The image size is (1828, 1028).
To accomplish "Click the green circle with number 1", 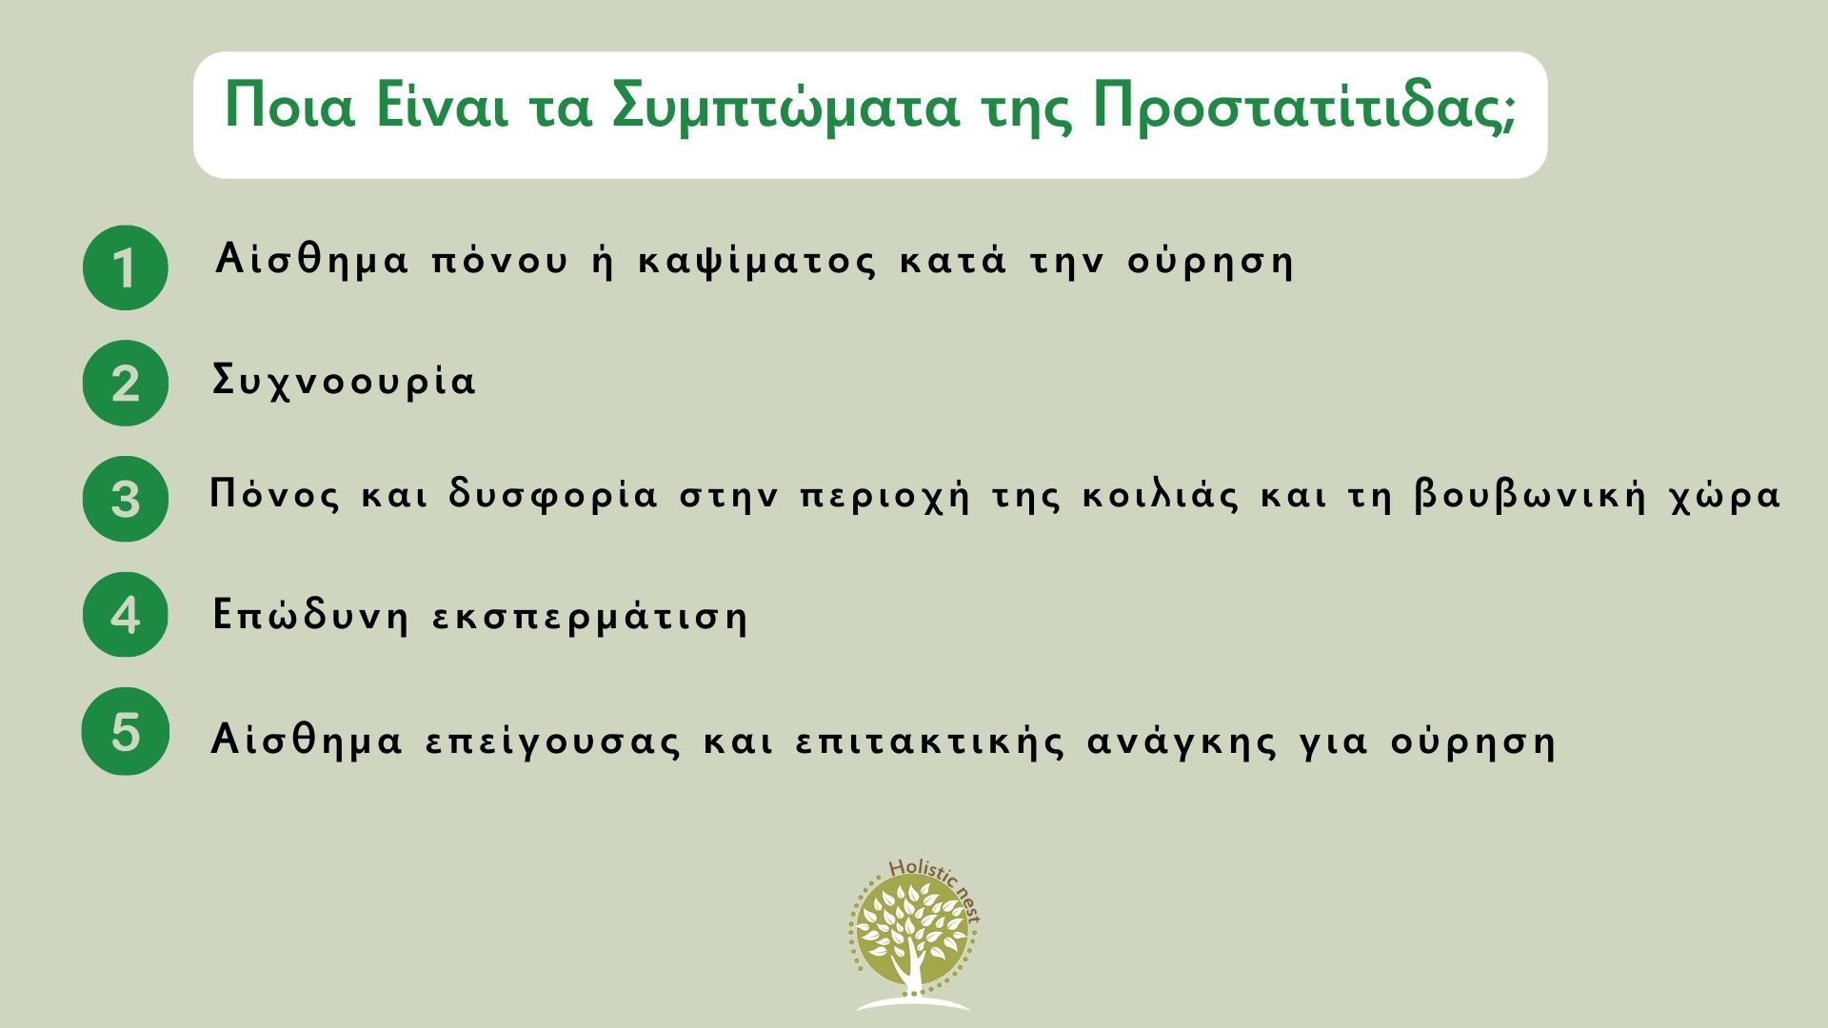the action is pyautogui.click(x=126, y=267).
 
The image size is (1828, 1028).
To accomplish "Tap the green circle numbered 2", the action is pyautogui.click(x=126, y=383).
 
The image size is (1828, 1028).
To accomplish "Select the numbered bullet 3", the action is pyautogui.click(x=126, y=499).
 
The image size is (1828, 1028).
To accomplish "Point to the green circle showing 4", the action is pyautogui.click(x=126, y=615).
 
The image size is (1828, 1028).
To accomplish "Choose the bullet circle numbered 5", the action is pyautogui.click(x=126, y=731).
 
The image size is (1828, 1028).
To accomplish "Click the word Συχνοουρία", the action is pyautogui.click(x=344, y=382).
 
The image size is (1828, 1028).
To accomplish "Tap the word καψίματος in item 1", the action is pyautogui.click(x=757, y=261).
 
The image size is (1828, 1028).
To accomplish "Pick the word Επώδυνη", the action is pyautogui.click(x=310, y=616).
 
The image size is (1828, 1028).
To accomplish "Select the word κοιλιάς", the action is pyautogui.click(x=1162, y=497).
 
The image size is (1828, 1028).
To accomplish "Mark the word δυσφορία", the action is pyautogui.click(x=553, y=497).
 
